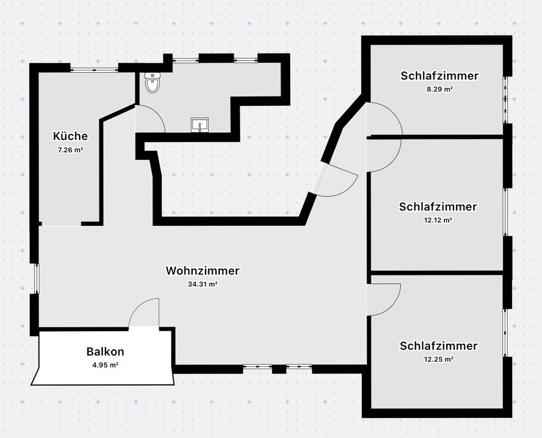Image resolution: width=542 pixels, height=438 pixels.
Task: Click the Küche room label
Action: [71, 136]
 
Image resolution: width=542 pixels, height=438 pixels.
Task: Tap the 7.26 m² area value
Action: [71, 150]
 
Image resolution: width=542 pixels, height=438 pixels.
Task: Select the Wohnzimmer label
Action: [202, 271]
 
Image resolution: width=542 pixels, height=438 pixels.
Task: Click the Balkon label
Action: [105, 352]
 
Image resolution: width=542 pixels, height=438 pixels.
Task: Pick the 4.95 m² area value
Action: [105, 365]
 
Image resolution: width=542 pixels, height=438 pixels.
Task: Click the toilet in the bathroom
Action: [152, 82]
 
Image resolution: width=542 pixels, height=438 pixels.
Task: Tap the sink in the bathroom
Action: [199, 125]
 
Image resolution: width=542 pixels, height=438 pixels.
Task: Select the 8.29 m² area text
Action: [440, 89]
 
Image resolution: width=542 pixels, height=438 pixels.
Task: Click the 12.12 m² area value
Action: [438, 220]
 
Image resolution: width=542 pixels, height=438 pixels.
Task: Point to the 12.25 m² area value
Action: [439, 359]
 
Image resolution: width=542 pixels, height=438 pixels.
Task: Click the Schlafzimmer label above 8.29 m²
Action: [440, 76]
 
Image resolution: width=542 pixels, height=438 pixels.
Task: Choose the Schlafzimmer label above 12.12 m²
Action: [438, 207]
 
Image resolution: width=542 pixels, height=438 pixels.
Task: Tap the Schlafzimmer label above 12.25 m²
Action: [439, 345]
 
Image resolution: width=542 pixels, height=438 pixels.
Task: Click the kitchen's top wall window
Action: [94, 69]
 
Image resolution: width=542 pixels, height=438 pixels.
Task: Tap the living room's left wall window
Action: [36, 278]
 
